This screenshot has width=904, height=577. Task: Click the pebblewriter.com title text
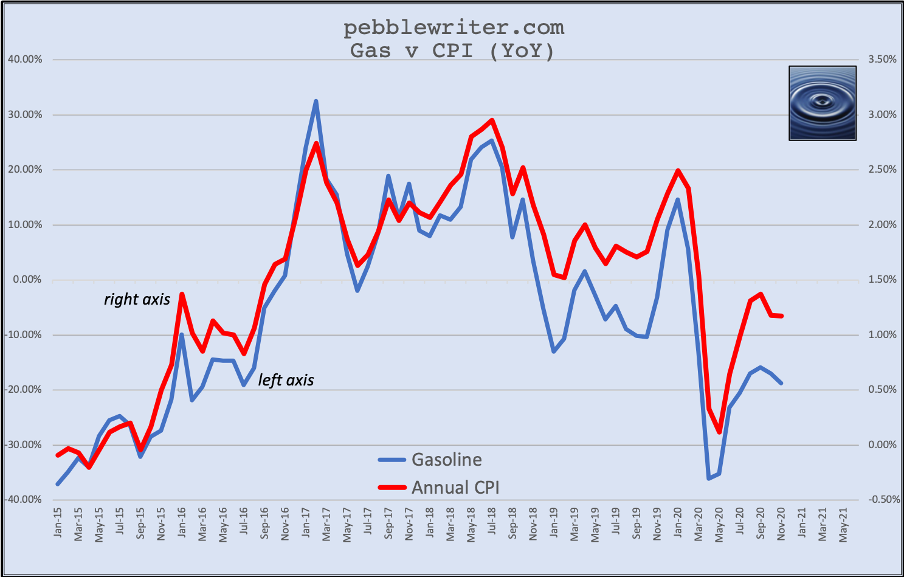pos(454,28)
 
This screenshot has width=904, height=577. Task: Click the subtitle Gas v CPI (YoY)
pos(452,50)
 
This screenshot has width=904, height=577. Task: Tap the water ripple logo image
pos(822,103)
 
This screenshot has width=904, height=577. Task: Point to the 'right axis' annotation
pos(137,299)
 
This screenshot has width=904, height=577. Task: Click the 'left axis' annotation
pos(286,380)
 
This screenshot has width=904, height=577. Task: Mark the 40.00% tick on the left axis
pos(25,60)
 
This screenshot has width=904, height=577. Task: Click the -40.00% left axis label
pos(24,500)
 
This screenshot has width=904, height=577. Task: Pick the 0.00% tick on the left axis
pos(27,280)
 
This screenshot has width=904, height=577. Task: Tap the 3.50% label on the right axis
pos(882,60)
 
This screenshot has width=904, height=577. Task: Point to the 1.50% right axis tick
pos(882,280)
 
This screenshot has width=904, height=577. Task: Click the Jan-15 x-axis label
pos(58,523)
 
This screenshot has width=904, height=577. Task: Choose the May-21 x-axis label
pos(844,524)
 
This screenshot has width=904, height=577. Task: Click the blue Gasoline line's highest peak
pos(316,101)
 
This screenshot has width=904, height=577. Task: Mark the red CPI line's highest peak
pos(492,120)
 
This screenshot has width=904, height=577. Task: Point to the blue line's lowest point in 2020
pos(709,479)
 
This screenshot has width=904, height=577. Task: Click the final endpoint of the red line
pos(781,316)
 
